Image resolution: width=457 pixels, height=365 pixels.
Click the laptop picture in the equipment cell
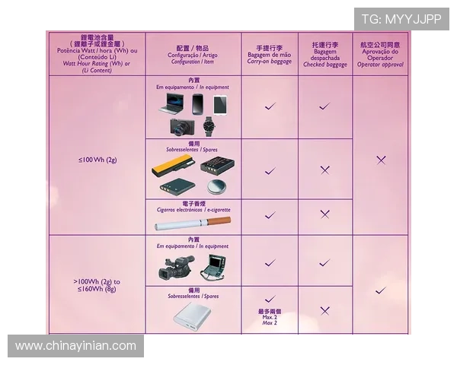tap(171, 106)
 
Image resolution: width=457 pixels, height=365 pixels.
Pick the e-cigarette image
tap(193, 223)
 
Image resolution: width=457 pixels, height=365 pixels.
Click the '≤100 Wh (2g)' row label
tap(97, 160)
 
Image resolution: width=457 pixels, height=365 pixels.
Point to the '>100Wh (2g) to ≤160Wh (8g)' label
tap(97, 285)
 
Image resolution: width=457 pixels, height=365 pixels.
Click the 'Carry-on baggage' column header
tap(270, 55)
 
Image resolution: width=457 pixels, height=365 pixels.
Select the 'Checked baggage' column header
tap(325, 55)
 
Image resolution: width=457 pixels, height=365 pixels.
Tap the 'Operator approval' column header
tap(381, 55)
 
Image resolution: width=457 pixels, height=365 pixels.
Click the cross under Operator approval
tap(381, 160)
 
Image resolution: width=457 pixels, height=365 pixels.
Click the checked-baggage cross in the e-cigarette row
tap(325, 214)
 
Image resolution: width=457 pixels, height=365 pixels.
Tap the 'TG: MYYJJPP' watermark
tap(401, 19)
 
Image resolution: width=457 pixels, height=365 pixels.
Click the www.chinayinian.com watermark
tap(76, 347)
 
